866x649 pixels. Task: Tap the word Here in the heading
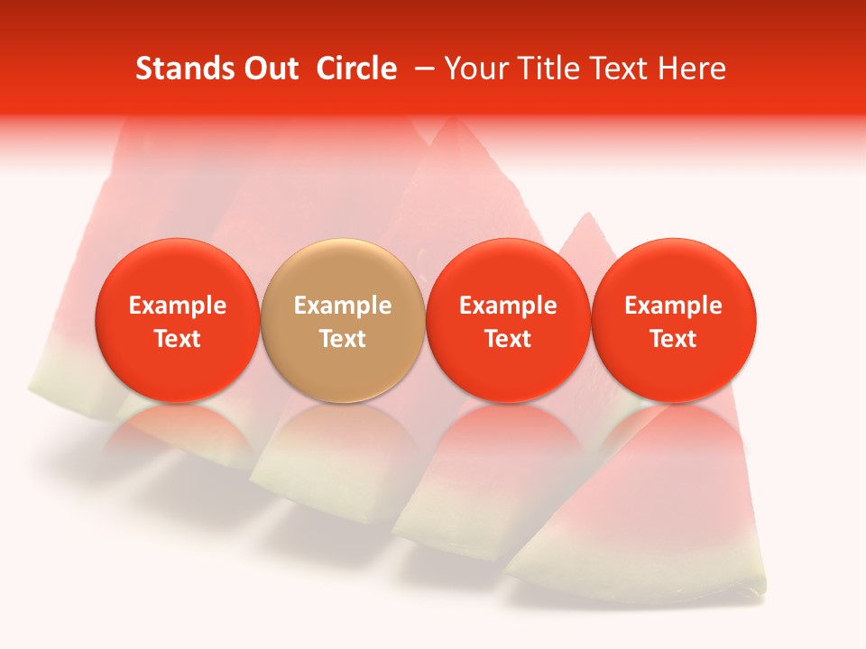coord(692,69)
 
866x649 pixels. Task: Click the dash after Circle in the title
coord(420,69)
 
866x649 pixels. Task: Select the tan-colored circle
coord(342,320)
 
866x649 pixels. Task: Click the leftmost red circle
coord(177,320)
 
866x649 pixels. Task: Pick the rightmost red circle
coord(673,320)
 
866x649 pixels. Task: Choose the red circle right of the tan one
coord(508,320)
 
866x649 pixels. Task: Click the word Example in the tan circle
coord(343,306)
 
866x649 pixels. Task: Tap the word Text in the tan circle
coord(343,339)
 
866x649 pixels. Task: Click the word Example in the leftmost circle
coord(178,306)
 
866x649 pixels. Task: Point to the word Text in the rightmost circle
coord(674,339)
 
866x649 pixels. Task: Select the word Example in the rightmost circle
coord(674,306)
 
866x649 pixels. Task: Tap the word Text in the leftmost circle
coord(178,339)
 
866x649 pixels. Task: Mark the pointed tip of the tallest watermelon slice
coord(457,122)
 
